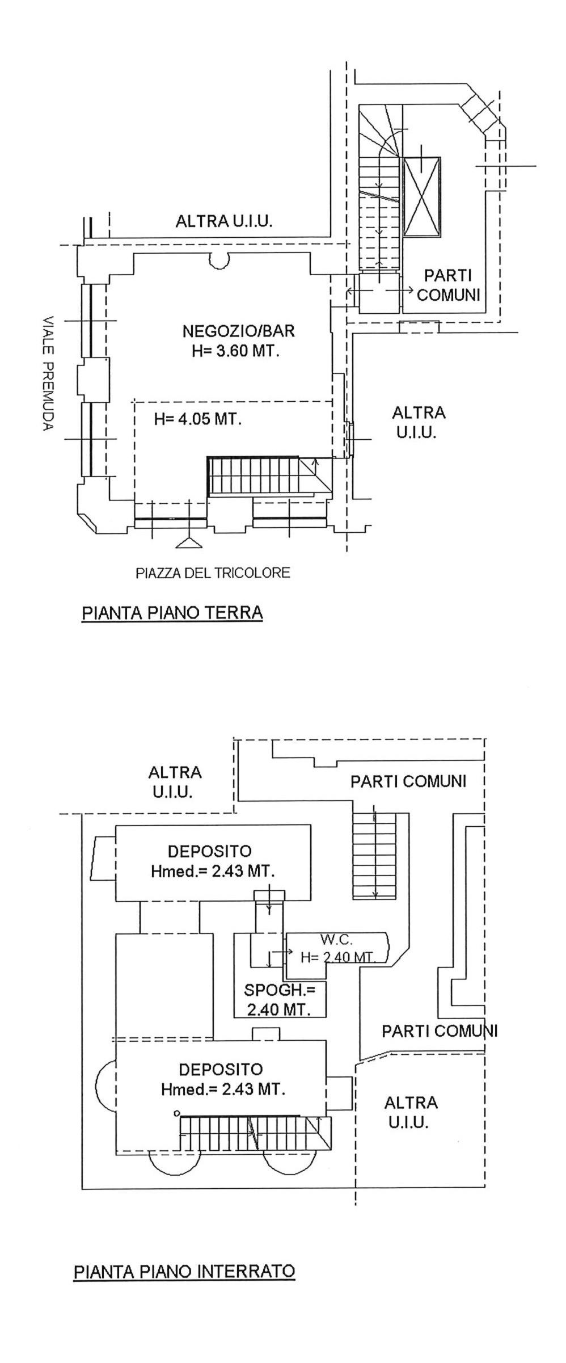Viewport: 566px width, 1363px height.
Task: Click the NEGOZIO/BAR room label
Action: [x=238, y=330]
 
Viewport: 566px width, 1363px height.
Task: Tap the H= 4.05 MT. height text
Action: [x=198, y=419]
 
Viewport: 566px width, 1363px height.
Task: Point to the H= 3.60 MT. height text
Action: [x=236, y=351]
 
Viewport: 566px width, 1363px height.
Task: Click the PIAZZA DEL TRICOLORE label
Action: [x=213, y=573]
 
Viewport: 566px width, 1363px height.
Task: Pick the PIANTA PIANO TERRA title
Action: [x=172, y=613]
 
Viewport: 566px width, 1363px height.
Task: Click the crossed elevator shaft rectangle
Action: [x=422, y=196]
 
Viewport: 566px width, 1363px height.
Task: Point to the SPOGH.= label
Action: [x=279, y=991]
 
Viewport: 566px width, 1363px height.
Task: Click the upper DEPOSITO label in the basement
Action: [x=209, y=851]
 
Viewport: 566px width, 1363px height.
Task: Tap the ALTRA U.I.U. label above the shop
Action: [x=224, y=221]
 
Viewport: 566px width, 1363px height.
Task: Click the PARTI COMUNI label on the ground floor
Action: [x=449, y=285]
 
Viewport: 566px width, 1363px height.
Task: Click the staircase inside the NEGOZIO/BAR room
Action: [x=269, y=476]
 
